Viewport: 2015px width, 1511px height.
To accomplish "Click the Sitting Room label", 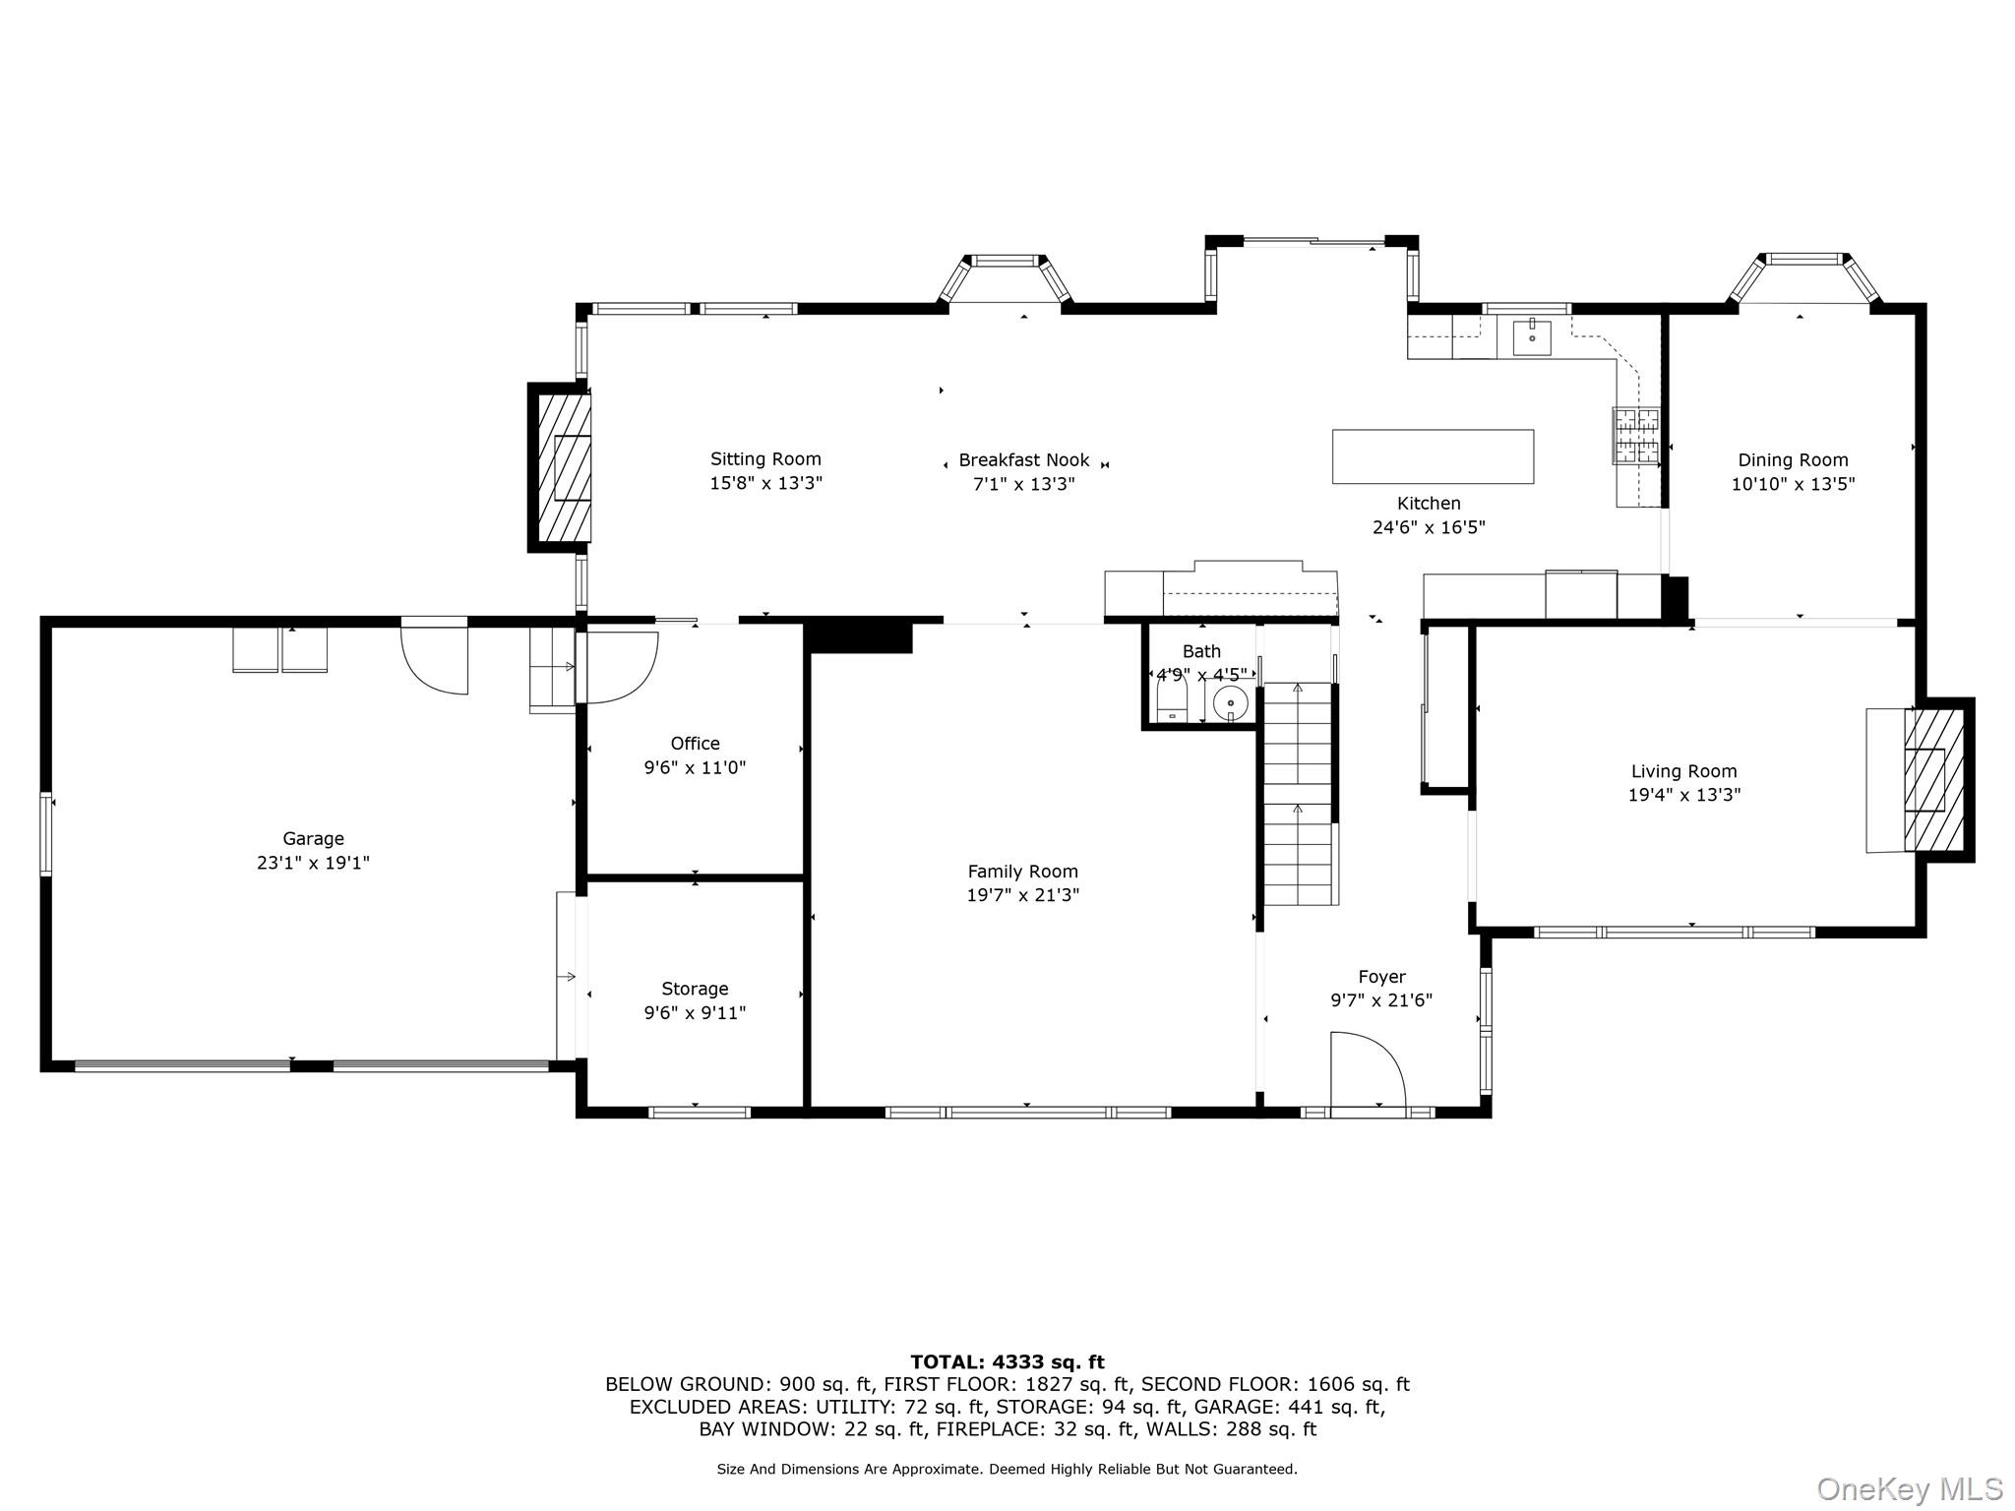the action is [765, 459].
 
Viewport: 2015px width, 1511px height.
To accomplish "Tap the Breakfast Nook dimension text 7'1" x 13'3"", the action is [1024, 484].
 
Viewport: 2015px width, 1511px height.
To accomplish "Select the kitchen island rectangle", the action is [1433, 456].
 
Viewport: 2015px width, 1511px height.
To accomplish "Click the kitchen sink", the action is [1531, 338].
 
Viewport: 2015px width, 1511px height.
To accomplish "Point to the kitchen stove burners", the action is [1635, 436].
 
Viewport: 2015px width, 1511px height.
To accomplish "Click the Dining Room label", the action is [1793, 460].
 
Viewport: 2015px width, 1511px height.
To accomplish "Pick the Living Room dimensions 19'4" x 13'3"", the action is [1684, 795].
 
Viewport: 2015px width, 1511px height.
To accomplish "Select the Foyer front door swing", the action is [1368, 1070].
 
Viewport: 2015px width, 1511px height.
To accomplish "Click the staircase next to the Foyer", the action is [1300, 793].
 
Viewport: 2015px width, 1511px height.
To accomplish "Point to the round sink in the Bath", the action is [1230, 703].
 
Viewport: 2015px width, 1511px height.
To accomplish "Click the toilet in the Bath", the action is [1172, 703].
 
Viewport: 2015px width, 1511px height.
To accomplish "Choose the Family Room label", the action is [1022, 872].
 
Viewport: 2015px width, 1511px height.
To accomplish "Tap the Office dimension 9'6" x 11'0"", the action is [695, 768].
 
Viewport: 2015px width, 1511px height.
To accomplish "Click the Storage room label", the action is [695, 989].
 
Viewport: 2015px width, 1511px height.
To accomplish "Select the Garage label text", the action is [313, 839].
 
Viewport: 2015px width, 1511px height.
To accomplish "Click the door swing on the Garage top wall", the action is [434, 657].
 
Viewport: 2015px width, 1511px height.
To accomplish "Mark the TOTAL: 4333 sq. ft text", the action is [1007, 1362].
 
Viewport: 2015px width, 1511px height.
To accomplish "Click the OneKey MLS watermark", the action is [1910, 1489].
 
